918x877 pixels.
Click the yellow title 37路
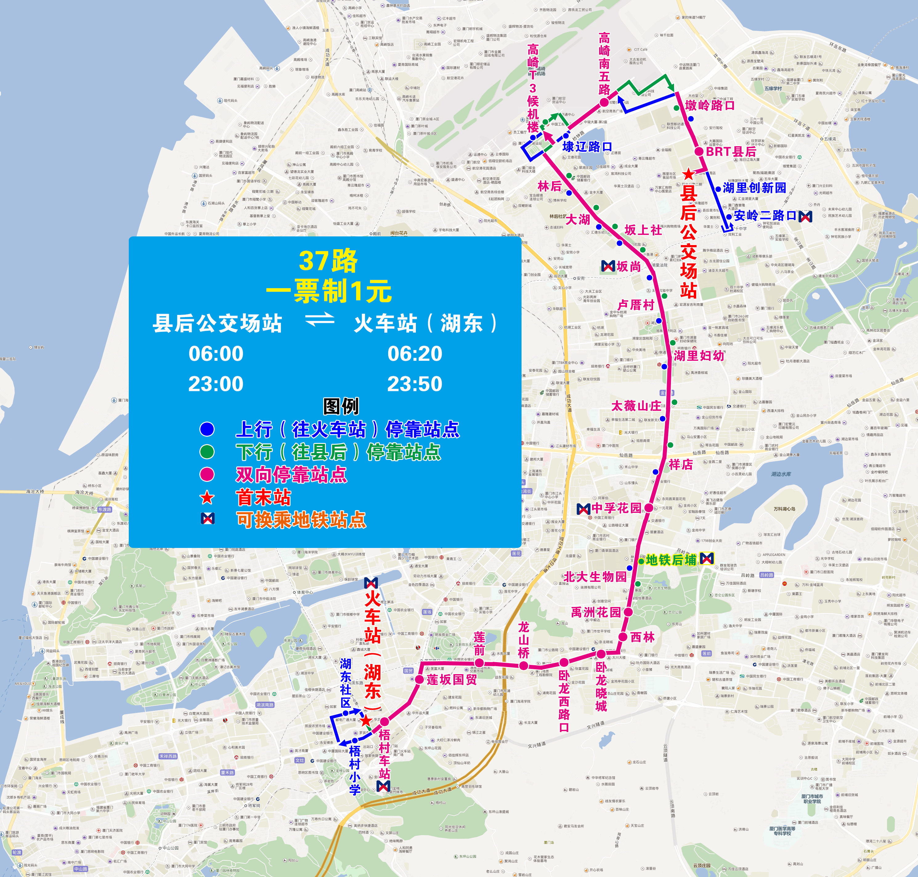coord(328,261)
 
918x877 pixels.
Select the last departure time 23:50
coord(415,384)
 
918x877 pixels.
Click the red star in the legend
coord(207,498)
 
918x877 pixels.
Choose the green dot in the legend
coord(207,452)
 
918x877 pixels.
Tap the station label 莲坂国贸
coord(452,679)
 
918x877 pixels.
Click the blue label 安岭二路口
coord(765,215)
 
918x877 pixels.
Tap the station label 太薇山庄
coord(636,406)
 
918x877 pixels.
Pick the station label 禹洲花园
coord(596,612)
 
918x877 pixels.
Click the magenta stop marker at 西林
coord(623,637)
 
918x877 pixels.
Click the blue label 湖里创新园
coord(754,188)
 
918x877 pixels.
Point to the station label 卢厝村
coord(636,305)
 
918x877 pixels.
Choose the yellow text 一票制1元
coord(328,291)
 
